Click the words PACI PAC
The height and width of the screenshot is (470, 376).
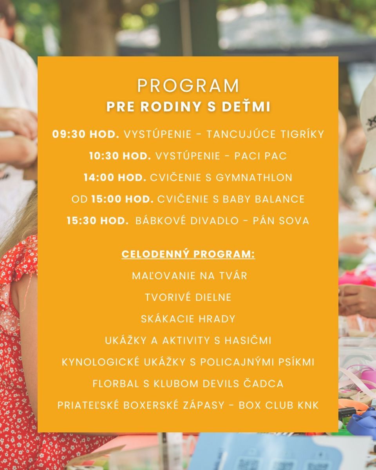260,156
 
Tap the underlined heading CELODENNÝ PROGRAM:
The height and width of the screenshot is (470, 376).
188,254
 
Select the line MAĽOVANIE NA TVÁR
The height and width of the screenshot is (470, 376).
190,276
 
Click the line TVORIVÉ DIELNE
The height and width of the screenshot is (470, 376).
188,297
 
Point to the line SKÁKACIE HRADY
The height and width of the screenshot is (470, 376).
188,319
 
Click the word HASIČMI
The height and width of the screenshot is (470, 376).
248,341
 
